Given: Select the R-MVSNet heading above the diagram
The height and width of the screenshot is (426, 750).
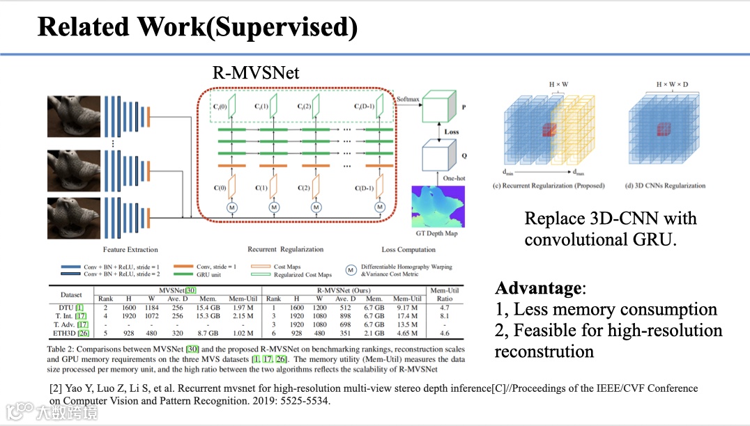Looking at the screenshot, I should pos(257,72).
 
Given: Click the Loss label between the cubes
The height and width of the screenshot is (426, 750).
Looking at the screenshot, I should pos(452,132).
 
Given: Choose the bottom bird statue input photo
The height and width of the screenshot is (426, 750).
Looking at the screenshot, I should pos(74,218).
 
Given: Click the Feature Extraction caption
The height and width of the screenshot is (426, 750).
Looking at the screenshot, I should pos(130,249).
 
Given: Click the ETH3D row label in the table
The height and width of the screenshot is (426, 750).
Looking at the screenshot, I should pos(72,334).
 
